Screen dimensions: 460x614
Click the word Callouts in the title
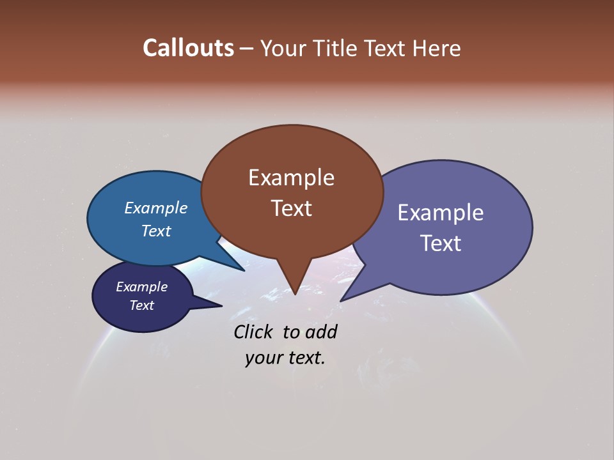tap(188, 48)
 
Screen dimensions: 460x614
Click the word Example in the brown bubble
tap(291, 178)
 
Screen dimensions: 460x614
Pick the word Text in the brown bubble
tap(291, 208)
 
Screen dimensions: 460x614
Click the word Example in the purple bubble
tap(441, 213)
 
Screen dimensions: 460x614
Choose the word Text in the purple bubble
tap(441, 243)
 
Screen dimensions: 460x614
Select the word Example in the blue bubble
tap(155, 208)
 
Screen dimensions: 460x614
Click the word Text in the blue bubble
tap(155, 231)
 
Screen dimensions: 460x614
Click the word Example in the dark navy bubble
tap(141, 287)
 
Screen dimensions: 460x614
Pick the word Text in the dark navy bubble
tap(141, 305)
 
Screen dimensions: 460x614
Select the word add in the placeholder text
tap(320, 332)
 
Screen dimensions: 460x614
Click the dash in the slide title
tap(247, 49)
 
